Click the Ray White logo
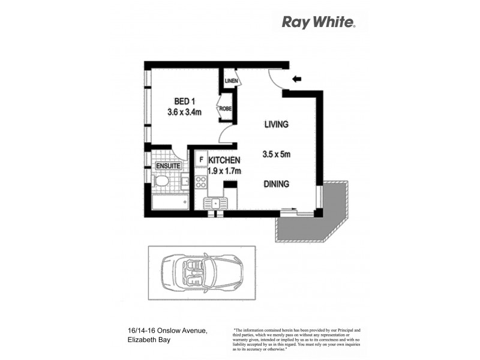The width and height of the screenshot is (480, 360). (x=319, y=23)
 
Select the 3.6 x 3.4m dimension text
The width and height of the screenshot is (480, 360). (x=184, y=112)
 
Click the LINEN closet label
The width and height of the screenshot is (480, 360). (x=230, y=81)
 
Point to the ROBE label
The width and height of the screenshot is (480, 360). (x=225, y=109)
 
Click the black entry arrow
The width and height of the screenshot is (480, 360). (x=296, y=79)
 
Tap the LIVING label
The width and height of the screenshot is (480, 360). (x=277, y=125)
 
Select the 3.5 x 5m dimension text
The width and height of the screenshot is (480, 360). (x=277, y=154)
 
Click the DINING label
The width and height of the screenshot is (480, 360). (x=276, y=184)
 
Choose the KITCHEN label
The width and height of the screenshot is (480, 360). (x=224, y=160)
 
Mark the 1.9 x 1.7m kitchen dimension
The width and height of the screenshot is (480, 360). (x=224, y=171)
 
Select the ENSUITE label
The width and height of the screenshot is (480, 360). (x=169, y=166)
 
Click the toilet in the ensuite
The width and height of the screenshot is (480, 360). (x=161, y=181)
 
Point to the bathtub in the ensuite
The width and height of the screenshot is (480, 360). (x=170, y=202)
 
